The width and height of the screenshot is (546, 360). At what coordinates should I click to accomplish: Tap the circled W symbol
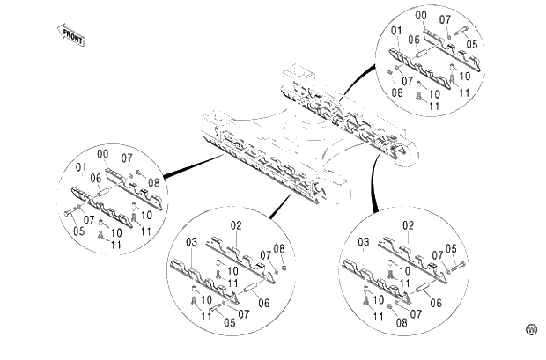point(530,329)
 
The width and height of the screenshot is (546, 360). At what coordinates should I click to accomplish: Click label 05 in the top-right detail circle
point(472,44)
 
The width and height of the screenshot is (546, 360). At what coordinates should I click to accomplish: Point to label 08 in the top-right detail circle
point(398,92)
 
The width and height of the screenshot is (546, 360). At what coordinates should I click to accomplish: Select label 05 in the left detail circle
point(79,232)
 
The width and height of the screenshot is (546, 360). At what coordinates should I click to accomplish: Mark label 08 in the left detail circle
point(153,183)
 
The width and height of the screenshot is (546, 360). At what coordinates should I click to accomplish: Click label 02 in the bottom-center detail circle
point(236,226)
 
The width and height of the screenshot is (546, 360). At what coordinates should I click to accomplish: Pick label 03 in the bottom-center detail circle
point(190,242)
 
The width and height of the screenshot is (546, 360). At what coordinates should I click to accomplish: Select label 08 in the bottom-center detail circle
point(280,248)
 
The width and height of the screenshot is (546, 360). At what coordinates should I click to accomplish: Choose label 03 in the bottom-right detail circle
point(363,242)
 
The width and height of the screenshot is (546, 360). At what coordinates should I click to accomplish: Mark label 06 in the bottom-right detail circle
point(435,303)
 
